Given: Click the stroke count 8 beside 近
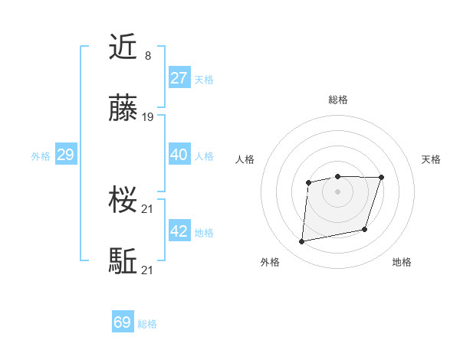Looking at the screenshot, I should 147,55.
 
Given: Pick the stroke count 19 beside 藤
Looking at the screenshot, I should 148,117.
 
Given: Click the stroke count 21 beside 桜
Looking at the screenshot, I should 148,208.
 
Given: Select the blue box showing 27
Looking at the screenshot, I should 179,78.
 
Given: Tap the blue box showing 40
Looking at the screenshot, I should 179,155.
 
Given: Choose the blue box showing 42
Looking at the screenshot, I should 179,231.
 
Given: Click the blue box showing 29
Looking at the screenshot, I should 65,155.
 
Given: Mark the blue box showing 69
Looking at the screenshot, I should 123,322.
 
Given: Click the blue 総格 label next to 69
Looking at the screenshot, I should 147,324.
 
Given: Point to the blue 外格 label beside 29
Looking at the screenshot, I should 41,156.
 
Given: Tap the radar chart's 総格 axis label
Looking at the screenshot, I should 338,100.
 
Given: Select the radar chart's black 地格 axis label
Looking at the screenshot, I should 402,262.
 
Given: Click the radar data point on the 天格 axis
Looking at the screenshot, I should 381,178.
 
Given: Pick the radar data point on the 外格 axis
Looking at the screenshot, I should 302,242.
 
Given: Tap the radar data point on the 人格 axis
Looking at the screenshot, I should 308,182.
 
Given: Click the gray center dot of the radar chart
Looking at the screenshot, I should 337,191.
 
